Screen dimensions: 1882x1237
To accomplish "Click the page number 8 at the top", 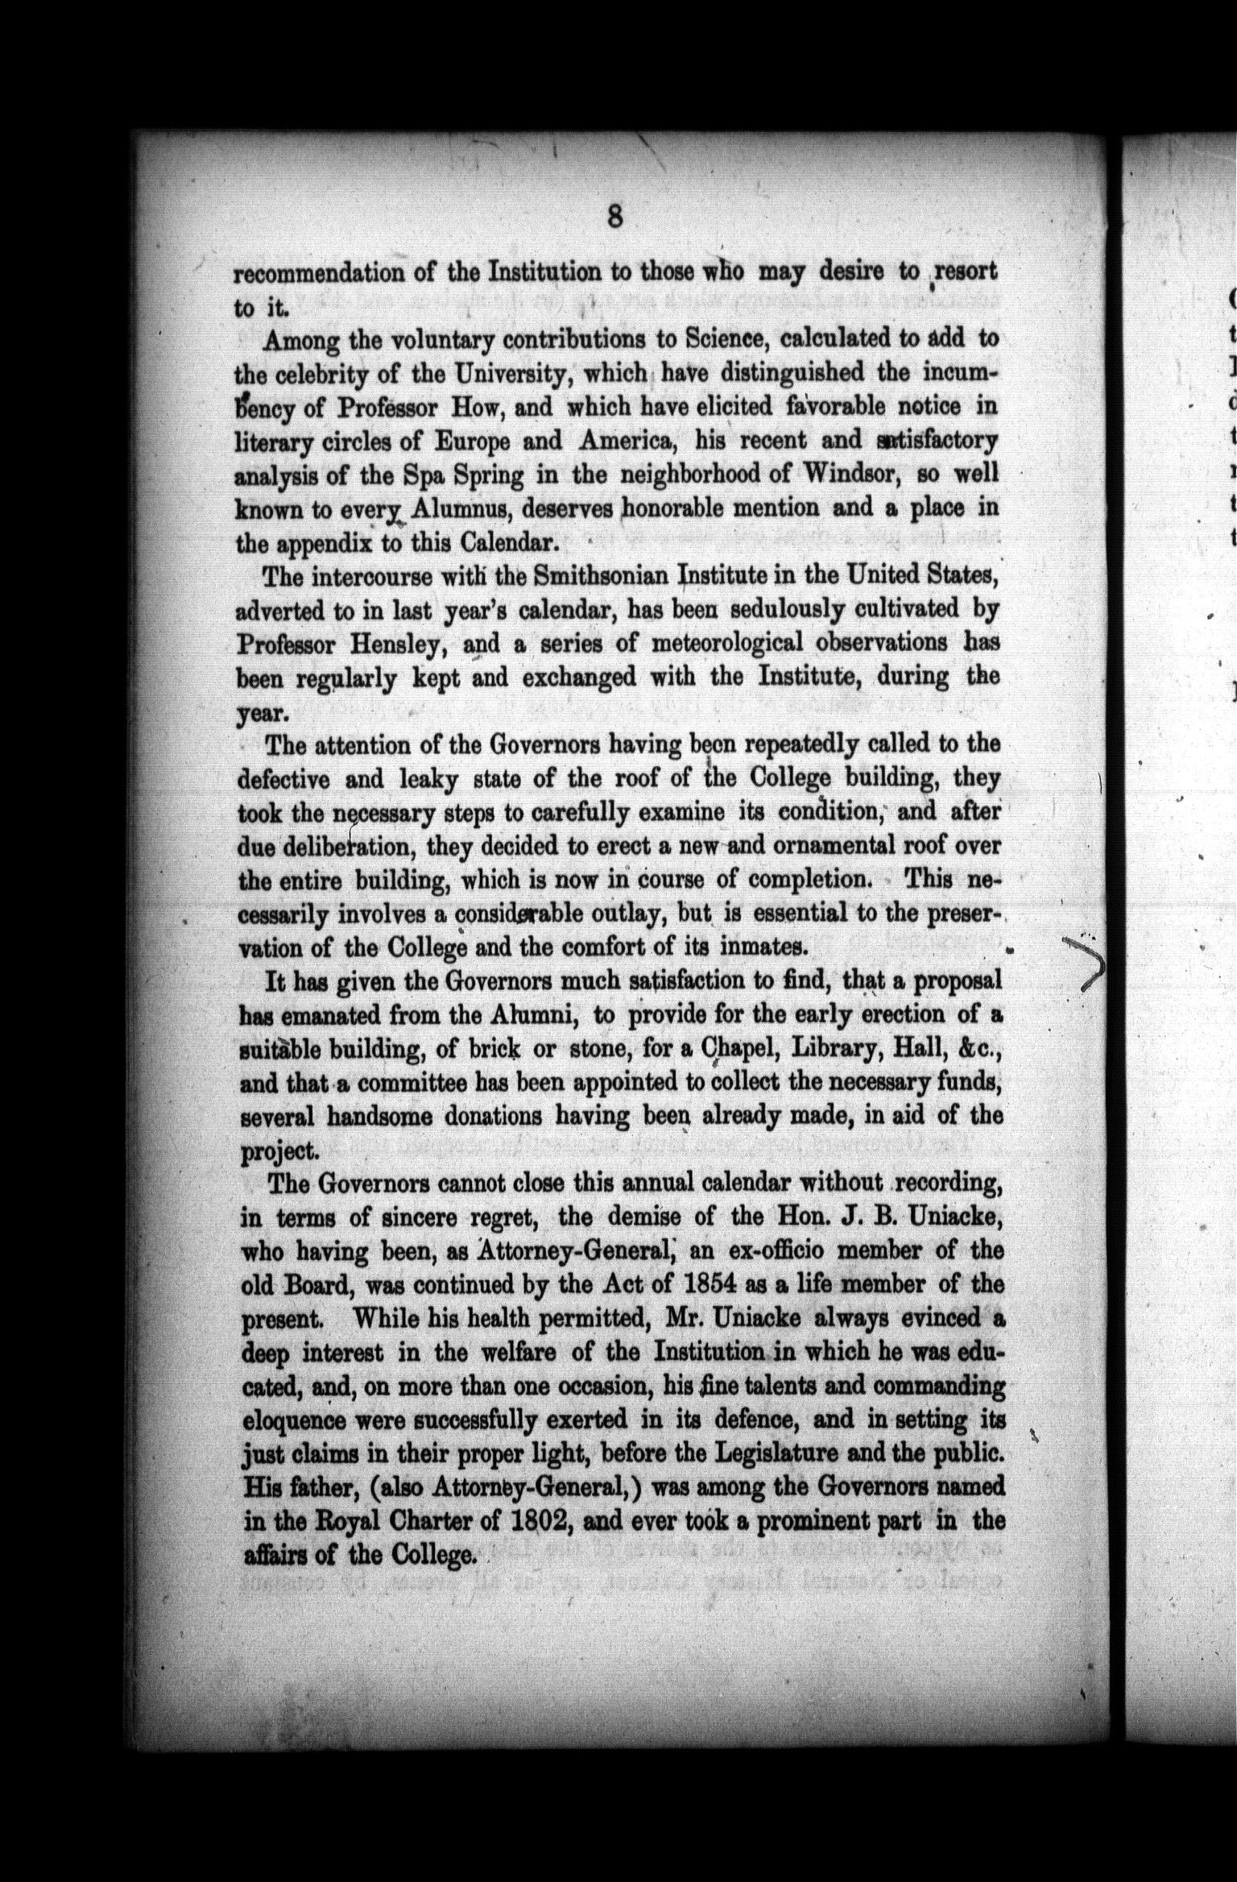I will pos(614,218).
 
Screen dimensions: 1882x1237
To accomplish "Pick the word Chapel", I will pos(736,1049).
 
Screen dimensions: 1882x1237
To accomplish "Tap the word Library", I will pos(838,1049).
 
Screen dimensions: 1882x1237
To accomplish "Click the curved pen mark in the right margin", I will pos(1085,960).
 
